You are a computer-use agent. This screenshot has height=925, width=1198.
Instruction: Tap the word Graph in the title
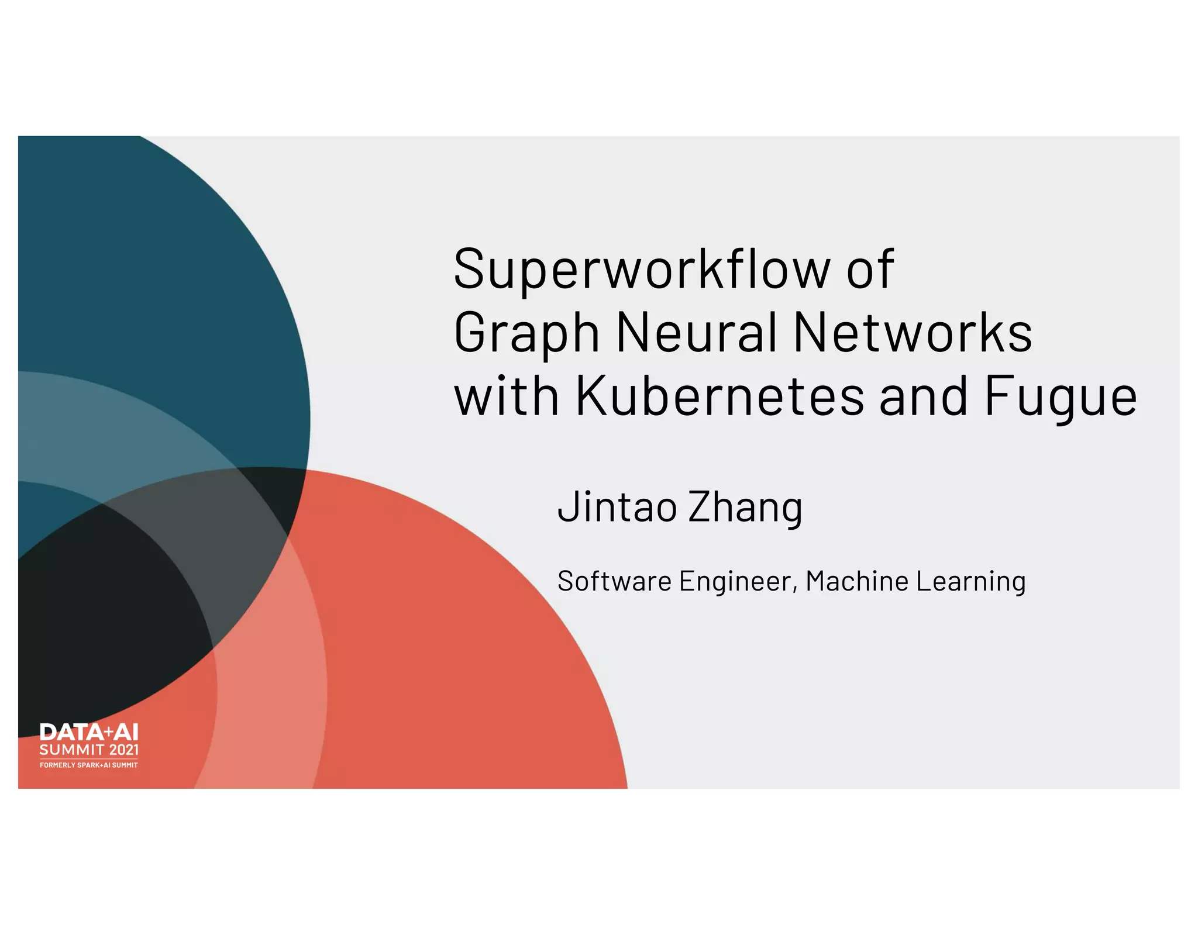click(x=526, y=333)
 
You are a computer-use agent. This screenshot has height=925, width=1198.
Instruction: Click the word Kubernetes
click(x=720, y=396)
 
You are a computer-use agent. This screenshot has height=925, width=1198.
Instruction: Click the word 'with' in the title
click(x=507, y=396)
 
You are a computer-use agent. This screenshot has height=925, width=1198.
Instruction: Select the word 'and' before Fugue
click(x=923, y=396)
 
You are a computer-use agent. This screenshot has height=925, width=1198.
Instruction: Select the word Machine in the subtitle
click(x=857, y=581)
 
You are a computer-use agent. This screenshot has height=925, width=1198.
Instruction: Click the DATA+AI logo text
click(x=89, y=733)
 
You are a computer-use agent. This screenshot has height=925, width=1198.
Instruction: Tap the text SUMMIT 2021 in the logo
click(x=89, y=750)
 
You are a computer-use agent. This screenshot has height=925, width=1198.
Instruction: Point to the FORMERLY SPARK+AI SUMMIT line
click(x=89, y=765)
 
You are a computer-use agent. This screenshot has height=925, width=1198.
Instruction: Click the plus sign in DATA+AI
click(x=107, y=731)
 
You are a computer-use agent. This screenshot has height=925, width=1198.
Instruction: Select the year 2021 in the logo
click(x=124, y=750)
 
